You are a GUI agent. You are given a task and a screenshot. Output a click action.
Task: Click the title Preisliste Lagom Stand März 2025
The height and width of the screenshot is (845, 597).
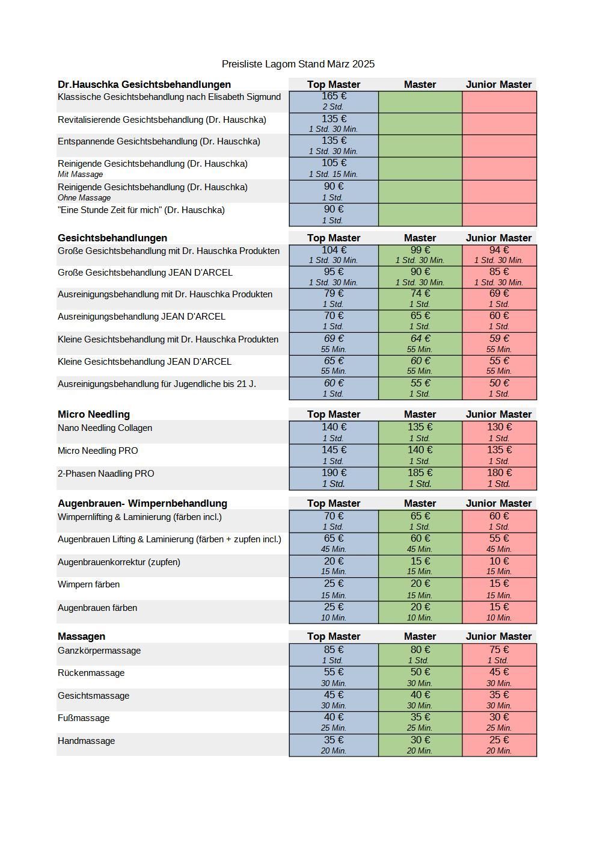point(298,64)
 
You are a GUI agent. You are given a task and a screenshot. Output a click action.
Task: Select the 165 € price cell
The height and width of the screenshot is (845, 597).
point(334,96)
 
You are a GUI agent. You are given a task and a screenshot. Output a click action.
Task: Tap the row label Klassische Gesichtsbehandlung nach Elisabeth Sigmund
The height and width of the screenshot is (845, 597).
point(169,97)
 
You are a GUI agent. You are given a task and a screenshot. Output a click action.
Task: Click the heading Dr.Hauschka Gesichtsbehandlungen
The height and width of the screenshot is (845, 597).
point(144,84)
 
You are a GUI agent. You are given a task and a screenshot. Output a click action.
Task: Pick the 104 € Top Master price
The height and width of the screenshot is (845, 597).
point(334,250)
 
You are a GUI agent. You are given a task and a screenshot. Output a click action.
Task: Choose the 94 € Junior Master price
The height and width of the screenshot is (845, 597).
point(499,250)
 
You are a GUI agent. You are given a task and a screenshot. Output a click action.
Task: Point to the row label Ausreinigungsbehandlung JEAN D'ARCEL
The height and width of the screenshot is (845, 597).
point(141,317)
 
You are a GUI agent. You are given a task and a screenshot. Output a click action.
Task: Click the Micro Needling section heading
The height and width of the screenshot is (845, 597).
point(94,414)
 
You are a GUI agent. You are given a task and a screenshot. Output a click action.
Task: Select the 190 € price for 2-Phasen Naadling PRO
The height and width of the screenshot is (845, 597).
point(334,473)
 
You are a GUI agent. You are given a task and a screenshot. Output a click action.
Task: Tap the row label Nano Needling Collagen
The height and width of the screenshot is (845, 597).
point(105,428)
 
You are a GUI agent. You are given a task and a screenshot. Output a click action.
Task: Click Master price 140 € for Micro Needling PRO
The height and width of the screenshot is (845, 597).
point(420,450)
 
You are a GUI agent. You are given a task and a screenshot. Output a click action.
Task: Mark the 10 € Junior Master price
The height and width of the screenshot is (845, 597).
point(499,562)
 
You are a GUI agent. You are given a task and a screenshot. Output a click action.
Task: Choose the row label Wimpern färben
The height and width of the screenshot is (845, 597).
point(88,584)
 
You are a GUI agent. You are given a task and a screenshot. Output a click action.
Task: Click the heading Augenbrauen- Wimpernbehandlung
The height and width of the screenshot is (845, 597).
point(142,503)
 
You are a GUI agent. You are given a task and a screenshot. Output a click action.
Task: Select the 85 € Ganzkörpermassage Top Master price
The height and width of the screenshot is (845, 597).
point(334,650)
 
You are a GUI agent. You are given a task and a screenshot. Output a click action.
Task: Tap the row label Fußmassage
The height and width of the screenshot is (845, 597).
point(84,718)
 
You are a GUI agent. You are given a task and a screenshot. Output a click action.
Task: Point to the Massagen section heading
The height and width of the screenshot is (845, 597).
point(81,636)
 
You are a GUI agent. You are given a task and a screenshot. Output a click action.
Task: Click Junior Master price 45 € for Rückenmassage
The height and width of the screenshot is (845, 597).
point(499,672)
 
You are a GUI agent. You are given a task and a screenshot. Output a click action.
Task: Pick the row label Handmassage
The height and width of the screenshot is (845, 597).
point(86,741)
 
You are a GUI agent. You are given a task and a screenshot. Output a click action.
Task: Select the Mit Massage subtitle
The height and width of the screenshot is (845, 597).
point(80,175)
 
